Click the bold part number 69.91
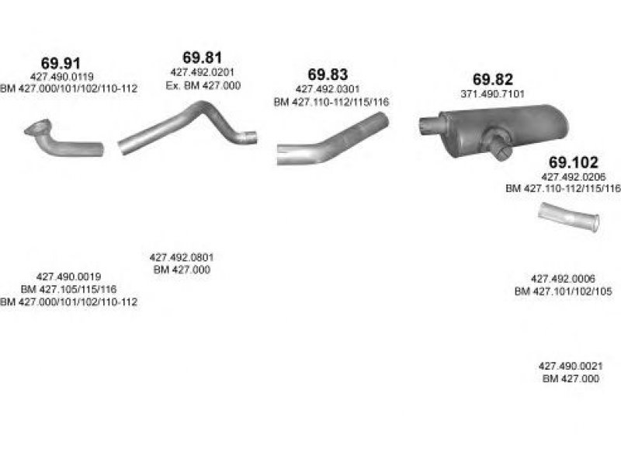[x=61, y=63]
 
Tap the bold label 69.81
[x=203, y=57]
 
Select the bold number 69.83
[x=328, y=74]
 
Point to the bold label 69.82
[x=493, y=79]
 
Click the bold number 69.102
[x=573, y=162]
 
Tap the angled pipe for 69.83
[x=333, y=140]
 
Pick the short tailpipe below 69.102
[x=569, y=217]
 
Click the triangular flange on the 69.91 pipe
[x=37, y=127]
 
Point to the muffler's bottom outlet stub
[x=500, y=146]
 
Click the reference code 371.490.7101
[x=493, y=94]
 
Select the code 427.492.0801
[x=182, y=257]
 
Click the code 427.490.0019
[x=68, y=276]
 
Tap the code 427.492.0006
[x=563, y=279]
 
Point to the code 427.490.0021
[x=571, y=366]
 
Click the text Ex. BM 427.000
[x=203, y=85]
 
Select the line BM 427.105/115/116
[x=68, y=289]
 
